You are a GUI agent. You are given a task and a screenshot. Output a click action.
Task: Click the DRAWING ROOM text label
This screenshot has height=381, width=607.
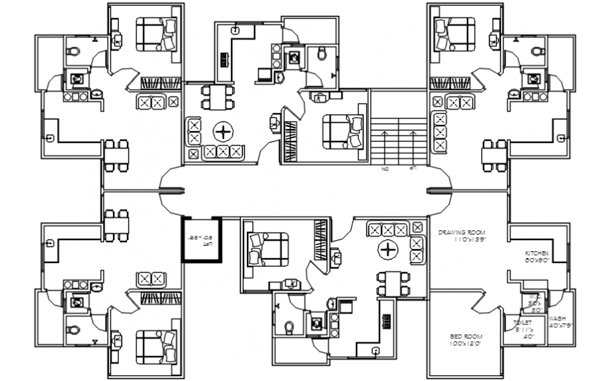pos(461,232)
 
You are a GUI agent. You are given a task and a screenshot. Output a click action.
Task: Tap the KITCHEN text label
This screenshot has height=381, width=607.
pos(537,253)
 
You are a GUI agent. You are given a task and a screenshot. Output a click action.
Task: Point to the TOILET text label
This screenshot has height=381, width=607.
pos(523,322)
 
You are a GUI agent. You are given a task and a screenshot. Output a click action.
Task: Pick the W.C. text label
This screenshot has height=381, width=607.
pos(534,296)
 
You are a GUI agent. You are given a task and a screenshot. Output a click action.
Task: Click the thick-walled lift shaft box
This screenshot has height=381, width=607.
pos(202,240)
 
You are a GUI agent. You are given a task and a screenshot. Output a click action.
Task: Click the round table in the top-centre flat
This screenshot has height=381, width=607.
pos(223,131)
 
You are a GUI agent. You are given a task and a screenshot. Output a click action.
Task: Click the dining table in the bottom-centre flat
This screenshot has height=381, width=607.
pos(391,283)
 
